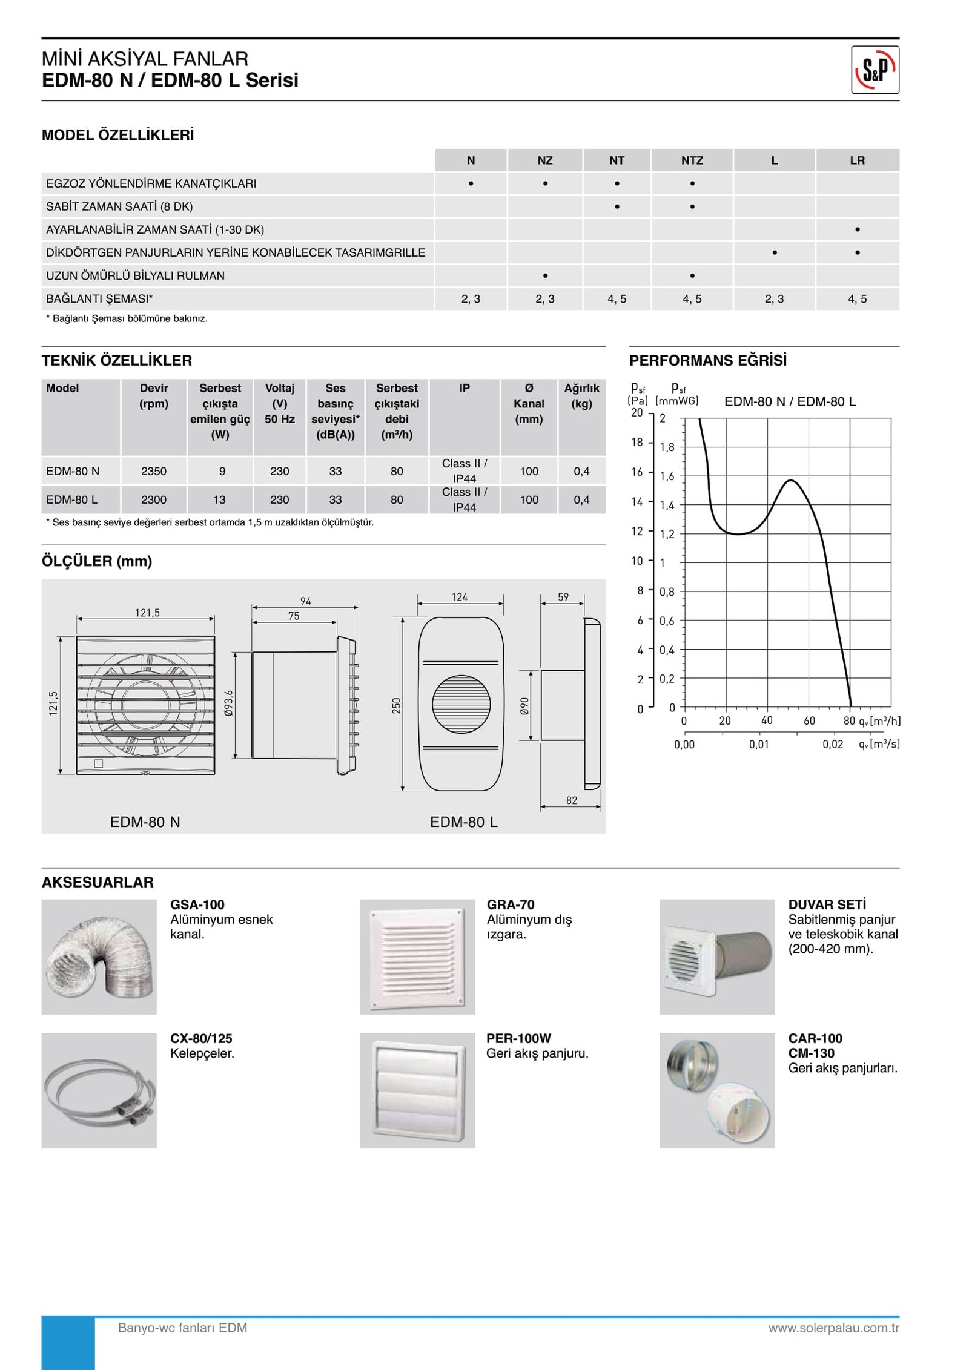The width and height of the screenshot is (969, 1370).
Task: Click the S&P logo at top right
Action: [x=875, y=70]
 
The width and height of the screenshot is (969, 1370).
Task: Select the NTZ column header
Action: [x=692, y=160]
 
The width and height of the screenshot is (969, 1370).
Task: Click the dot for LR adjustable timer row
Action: [x=857, y=230]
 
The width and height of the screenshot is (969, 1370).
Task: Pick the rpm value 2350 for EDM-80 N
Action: [x=153, y=471]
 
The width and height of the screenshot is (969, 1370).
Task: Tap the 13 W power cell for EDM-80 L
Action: [x=219, y=500]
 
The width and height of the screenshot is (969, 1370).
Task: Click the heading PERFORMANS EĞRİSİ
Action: [x=707, y=361]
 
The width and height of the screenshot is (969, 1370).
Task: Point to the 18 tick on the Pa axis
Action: [x=637, y=443]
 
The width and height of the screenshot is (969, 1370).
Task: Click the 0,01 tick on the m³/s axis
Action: [x=758, y=745]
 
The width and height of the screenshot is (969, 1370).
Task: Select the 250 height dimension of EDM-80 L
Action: [x=396, y=706]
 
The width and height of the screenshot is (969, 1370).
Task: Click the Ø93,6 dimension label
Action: [x=228, y=703]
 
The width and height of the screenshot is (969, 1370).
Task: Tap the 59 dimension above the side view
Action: [x=563, y=598]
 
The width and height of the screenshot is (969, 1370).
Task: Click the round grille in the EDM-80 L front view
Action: [x=461, y=703]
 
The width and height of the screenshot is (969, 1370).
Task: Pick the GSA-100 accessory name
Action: [x=197, y=904]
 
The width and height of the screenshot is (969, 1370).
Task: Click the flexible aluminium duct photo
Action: [x=99, y=957]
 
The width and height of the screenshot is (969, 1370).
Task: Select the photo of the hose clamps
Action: [x=99, y=1090]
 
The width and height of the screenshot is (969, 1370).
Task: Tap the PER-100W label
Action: [x=518, y=1038]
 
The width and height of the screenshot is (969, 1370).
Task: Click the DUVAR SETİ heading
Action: [x=827, y=904]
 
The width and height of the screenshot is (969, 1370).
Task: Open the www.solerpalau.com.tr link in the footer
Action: [x=833, y=1328]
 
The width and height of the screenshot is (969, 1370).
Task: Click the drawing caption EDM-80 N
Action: [x=145, y=822]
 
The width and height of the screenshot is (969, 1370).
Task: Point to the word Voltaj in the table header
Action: [x=279, y=389]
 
